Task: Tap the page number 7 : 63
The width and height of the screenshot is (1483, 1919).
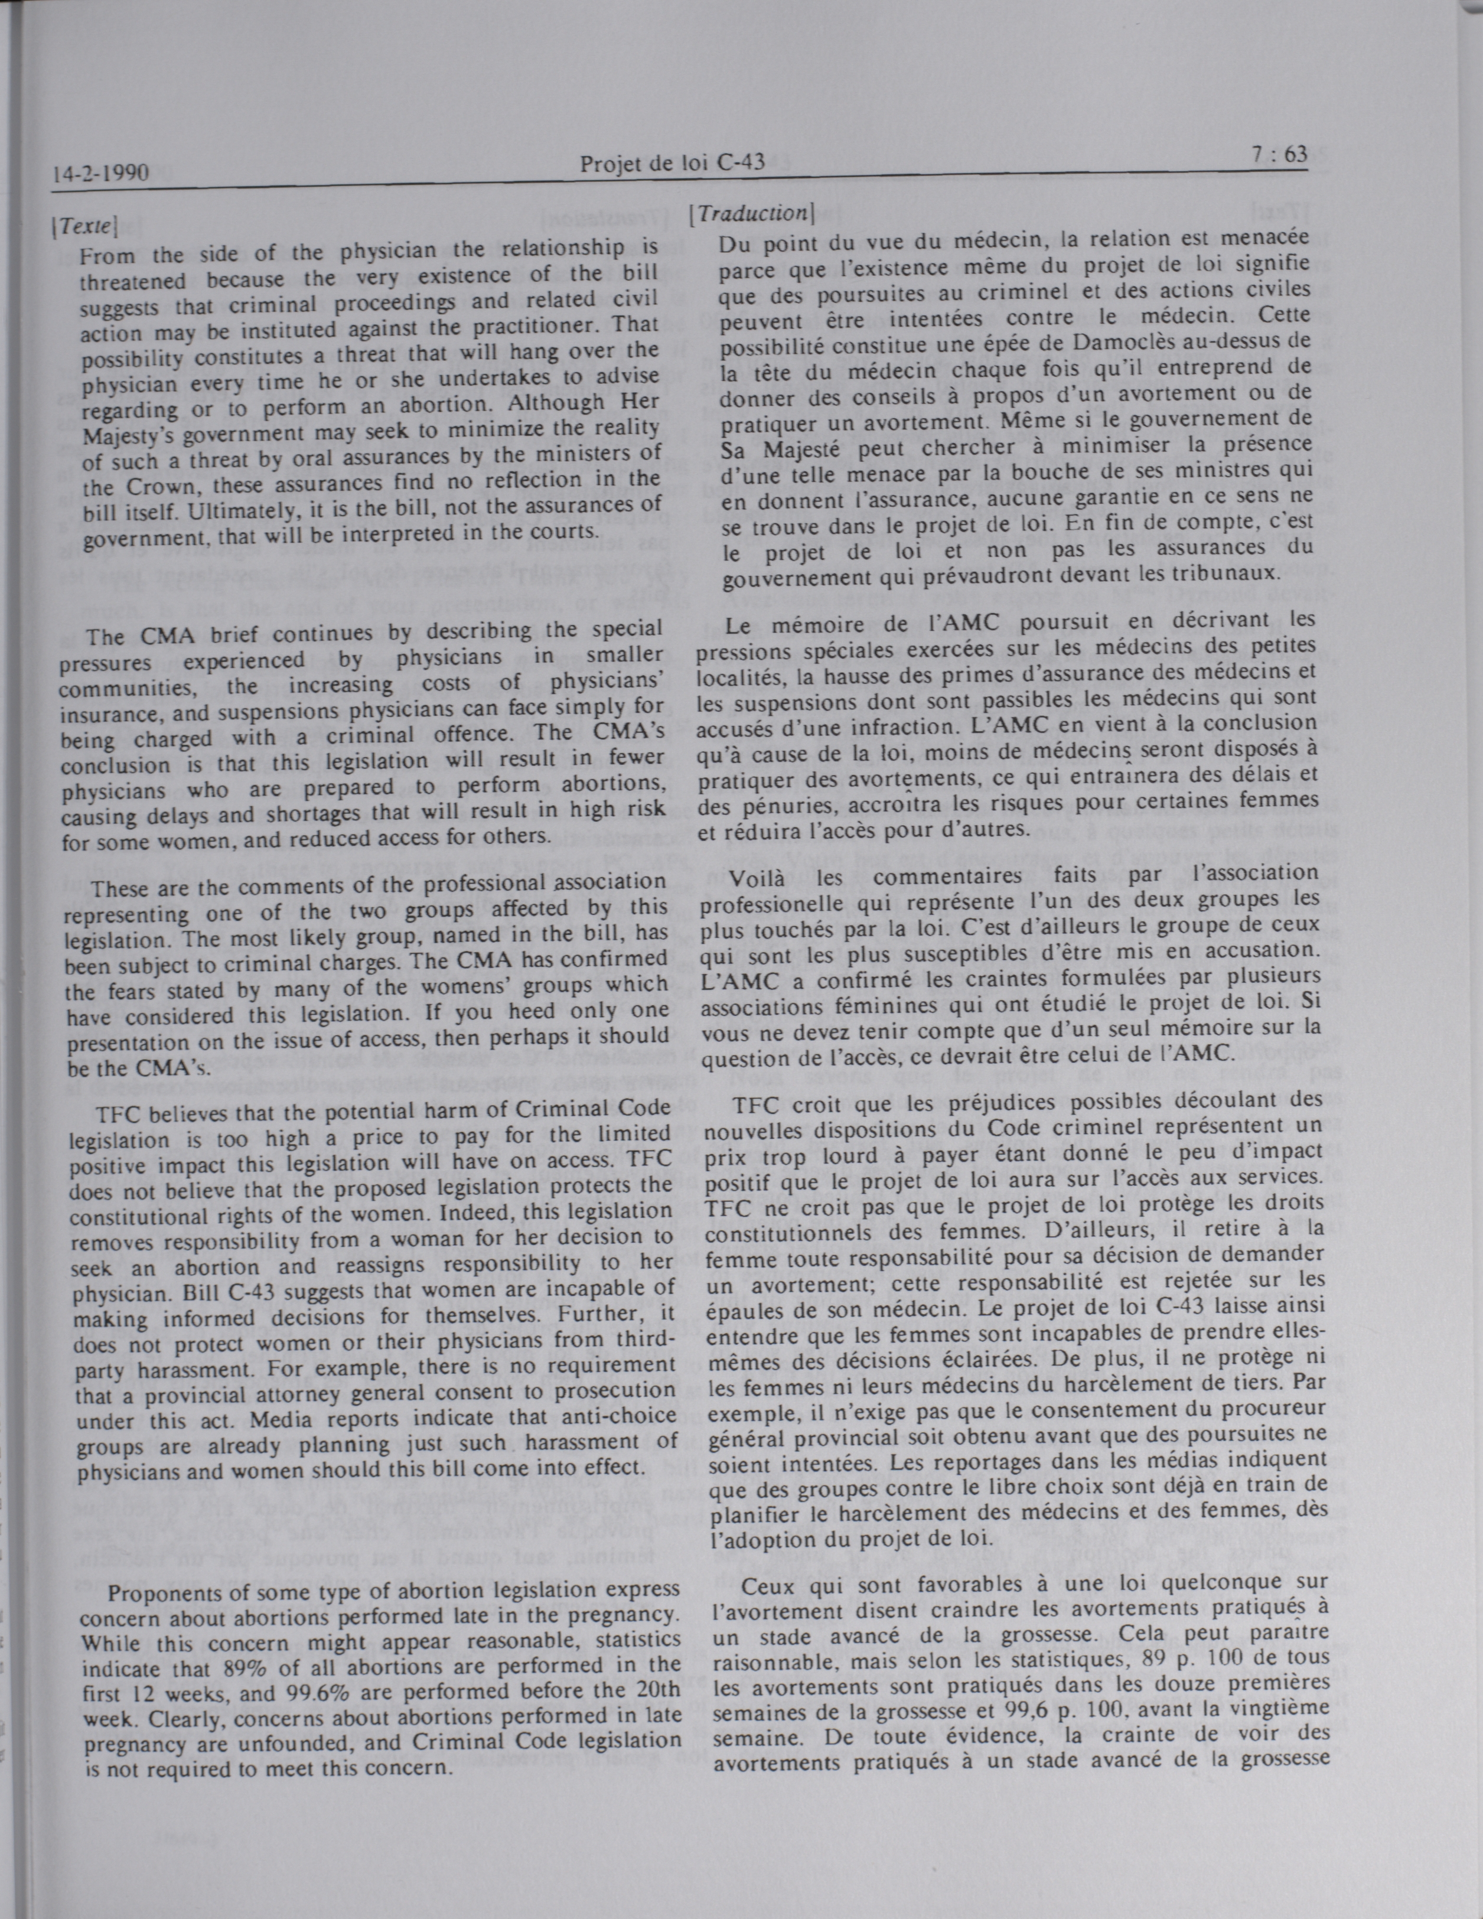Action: [1279, 155]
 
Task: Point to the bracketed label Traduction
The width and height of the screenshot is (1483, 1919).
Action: [752, 213]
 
